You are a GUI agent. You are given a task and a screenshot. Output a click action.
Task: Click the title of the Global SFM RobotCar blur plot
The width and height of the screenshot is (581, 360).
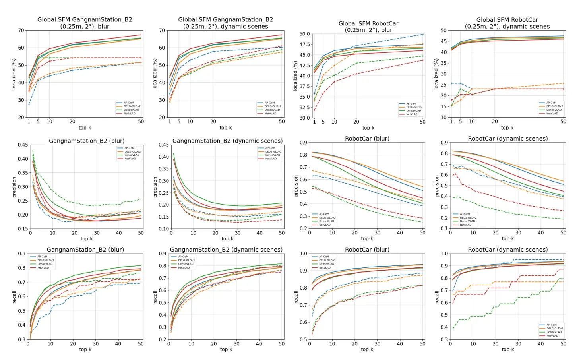point(368,27)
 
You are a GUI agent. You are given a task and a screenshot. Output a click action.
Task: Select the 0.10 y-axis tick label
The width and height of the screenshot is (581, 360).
point(164,229)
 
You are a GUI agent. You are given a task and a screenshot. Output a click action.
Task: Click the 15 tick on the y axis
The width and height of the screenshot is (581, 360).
point(443,106)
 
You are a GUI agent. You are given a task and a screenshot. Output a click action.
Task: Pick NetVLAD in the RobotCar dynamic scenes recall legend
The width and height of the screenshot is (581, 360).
point(552,336)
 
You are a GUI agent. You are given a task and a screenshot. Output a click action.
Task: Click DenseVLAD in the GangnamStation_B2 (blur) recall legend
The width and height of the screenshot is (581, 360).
point(45,264)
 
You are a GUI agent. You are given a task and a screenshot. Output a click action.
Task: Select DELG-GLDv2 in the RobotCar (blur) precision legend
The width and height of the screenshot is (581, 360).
point(327,218)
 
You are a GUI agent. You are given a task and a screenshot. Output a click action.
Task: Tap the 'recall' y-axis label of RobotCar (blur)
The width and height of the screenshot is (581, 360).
point(296,297)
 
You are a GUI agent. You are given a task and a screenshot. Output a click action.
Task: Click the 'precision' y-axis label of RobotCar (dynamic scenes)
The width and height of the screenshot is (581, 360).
point(436,186)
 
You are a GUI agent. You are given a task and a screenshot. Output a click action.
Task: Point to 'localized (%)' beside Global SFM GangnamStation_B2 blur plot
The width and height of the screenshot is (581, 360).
point(14,74)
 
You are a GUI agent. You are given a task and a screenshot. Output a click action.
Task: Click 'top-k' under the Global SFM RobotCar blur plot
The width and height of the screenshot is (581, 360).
point(368,128)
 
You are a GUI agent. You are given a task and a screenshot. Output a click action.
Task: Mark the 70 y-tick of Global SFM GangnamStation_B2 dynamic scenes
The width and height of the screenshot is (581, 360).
point(162,31)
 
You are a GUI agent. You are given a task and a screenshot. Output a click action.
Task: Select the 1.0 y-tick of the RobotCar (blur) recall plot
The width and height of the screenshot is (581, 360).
point(304,254)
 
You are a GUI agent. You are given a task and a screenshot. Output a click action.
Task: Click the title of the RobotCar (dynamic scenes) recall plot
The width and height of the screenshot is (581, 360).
point(507,250)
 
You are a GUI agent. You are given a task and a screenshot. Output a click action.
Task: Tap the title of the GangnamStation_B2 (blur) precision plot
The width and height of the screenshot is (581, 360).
point(86,141)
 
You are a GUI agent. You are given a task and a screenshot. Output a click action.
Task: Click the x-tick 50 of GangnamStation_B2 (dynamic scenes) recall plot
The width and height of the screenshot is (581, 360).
point(282,344)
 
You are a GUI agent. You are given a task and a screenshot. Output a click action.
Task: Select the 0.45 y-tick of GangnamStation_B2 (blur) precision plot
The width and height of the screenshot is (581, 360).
point(23,145)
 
